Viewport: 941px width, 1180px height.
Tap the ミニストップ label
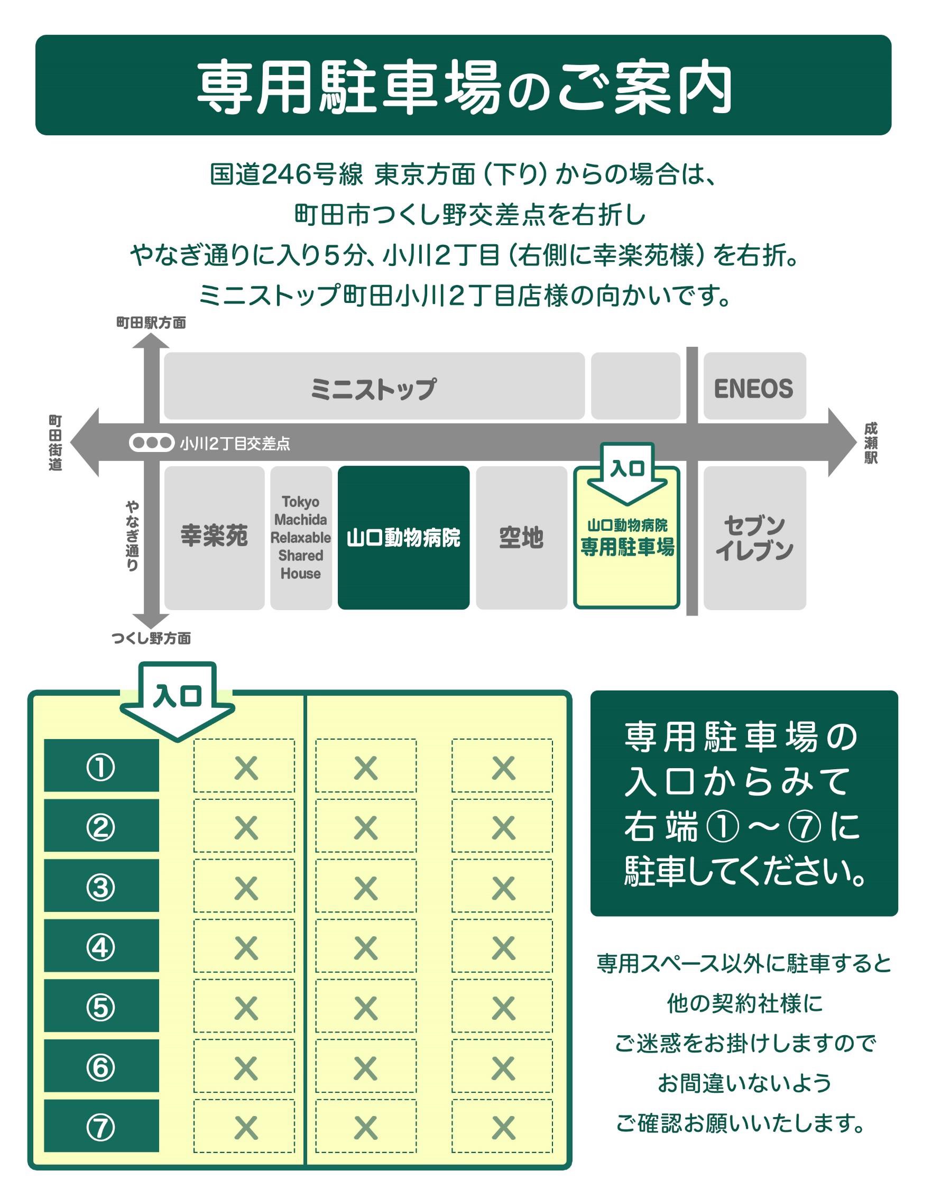coord(373,389)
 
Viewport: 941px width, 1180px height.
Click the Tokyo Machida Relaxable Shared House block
coord(300,538)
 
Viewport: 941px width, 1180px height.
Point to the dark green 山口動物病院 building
coord(403,538)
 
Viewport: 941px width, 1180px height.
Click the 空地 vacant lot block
coord(521,538)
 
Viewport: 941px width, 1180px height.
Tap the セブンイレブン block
coord(754,538)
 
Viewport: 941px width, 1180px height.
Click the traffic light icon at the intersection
coord(152,442)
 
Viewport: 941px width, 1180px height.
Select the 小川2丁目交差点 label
coord(235,444)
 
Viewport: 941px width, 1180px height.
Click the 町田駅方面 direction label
coord(151,322)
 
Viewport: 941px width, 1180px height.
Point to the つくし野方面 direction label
coord(151,638)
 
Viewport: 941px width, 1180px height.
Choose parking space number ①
coord(102,766)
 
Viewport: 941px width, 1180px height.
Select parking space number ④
coord(102,947)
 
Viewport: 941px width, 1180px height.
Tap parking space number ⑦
coord(102,1128)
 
